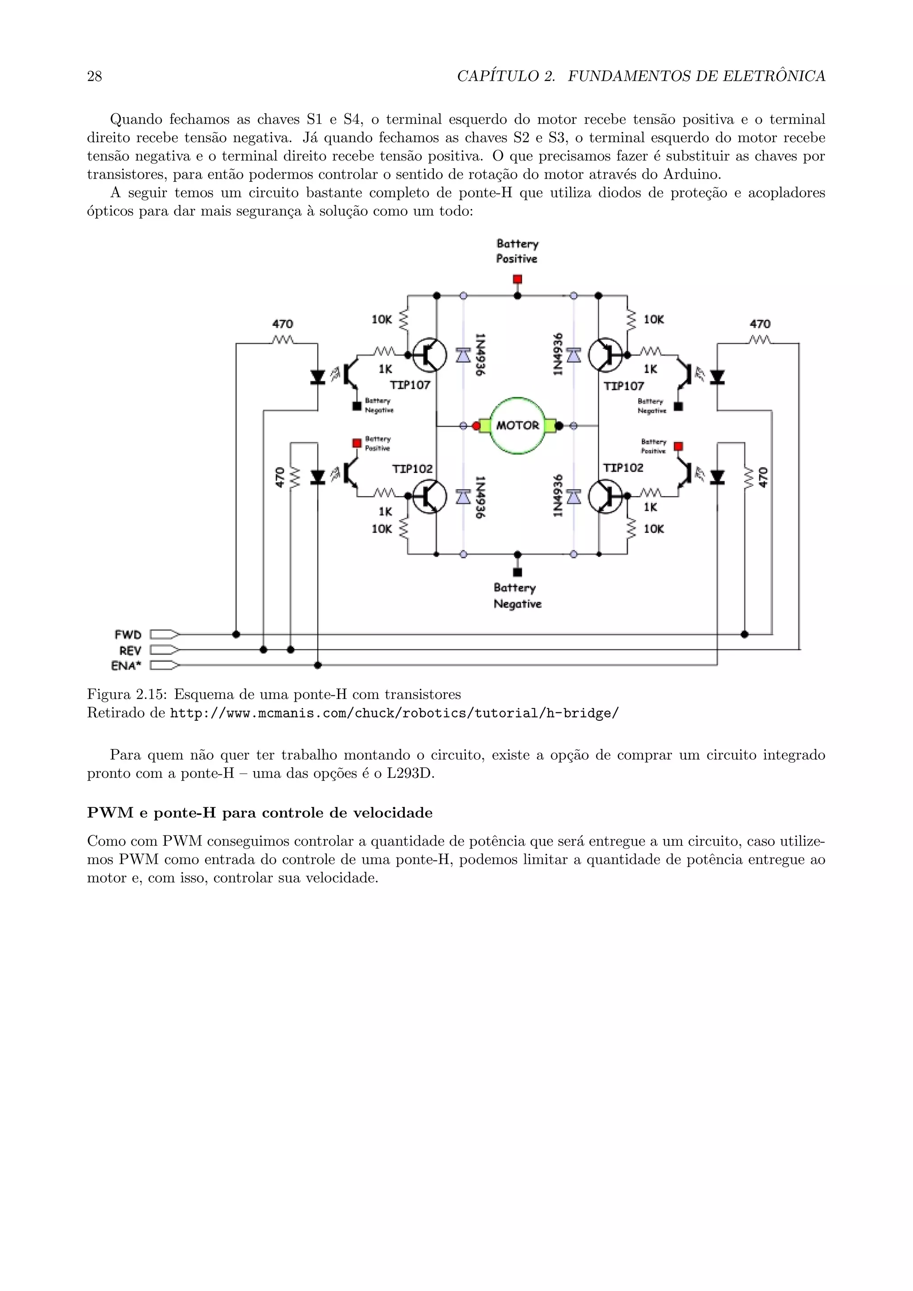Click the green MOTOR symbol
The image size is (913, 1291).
click(517, 426)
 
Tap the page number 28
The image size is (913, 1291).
click(95, 77)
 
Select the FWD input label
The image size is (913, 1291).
click(128, 635)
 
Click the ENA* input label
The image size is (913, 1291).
click(127, 666)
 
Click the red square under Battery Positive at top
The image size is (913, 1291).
click(517, 280)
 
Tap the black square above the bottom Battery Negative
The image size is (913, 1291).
click(518, 572)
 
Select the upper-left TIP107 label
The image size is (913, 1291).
click(410, 385)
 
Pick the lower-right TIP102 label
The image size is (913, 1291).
click(623, 468)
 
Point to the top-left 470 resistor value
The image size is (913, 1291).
click(282, 324)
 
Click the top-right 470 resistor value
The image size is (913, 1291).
click(760, 324)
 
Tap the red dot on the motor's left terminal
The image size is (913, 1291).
click(476, 426)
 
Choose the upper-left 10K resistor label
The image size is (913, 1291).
click(382, 319)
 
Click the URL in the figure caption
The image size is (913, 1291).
click(394, 714)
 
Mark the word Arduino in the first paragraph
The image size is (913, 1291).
click(691, 174)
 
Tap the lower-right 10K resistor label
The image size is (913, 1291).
click(653, 529)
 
